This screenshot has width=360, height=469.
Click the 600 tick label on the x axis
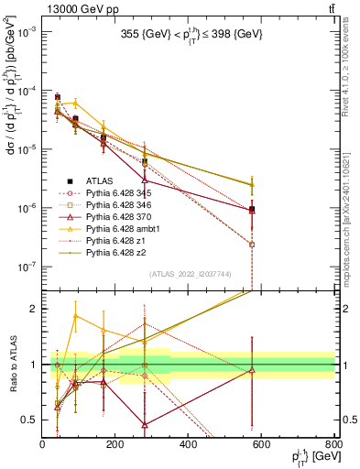pos(262,444)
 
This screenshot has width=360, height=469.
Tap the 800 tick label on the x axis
pos(333,444)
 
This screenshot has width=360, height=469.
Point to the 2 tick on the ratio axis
pos(35,309)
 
